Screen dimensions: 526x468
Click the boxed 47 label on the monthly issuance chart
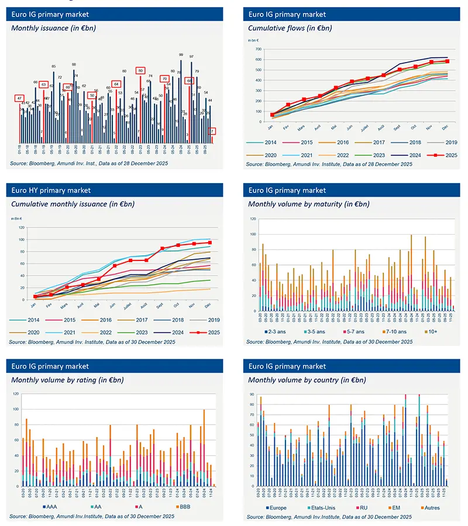click(x=19, y=98)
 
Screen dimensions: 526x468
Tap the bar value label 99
click(x=181, y=54)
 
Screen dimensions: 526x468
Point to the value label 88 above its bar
click(x=74, y=64)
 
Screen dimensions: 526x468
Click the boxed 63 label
click(x=43, y=85)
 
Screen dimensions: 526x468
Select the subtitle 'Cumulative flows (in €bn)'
click(x=284, y=27)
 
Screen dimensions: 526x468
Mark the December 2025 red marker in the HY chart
click(x=209, y=242)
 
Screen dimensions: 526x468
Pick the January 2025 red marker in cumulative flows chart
click(x=271, y=115)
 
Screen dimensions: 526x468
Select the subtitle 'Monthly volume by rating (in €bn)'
click(x=67, y=380)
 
